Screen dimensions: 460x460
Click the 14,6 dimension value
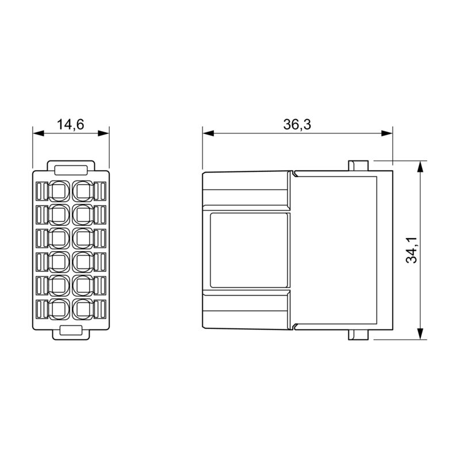(x=71, y=124)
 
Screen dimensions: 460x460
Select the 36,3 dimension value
(x=297, y=124)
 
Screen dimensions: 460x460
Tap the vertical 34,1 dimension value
(x=411, y=251)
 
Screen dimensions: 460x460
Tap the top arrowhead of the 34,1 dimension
(x=421, y=166)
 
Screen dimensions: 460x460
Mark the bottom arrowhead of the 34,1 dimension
(x=421, y=335)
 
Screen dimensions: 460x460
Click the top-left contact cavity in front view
(x=59, y=190)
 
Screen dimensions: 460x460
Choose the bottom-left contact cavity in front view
(x=59, y=308)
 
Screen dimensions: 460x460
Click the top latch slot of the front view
(x=71, y=169)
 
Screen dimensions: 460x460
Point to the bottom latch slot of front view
(x=71, y=331)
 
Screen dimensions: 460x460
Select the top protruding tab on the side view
(x=357, y=165)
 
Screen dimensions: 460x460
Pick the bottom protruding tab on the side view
(x=357, y=335)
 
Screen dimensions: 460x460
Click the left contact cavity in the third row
(x=59, y=237)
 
